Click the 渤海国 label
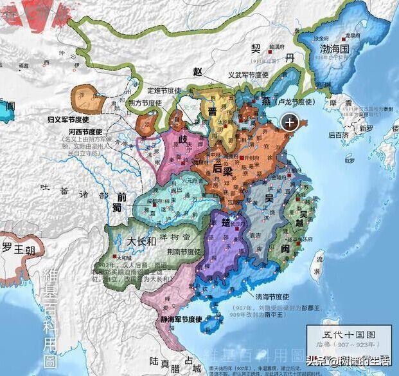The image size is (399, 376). click(330, 48)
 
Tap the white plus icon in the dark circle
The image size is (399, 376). click(290, 122)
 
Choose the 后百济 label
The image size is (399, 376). click(338, 135)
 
